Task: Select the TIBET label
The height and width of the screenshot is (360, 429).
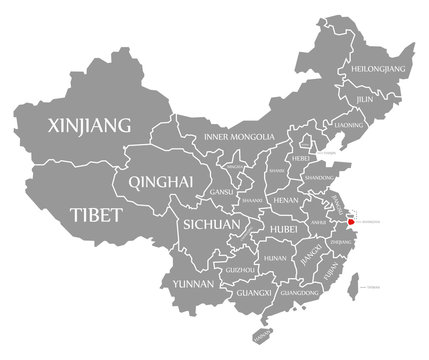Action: coord(97,215)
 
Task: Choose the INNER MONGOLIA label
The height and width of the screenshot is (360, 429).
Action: coord(239,136)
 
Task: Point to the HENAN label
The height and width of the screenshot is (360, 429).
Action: coord(286,200)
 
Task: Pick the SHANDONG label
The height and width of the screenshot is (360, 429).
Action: coord(318,177)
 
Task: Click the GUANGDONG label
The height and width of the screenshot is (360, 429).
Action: coord(301,294)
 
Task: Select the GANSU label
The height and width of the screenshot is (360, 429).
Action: coord(221,191)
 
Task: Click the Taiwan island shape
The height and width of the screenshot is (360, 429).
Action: coord(350,290)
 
